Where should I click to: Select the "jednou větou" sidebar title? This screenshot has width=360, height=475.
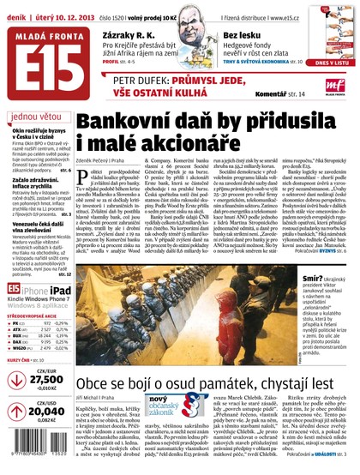[x=37, y=117]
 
